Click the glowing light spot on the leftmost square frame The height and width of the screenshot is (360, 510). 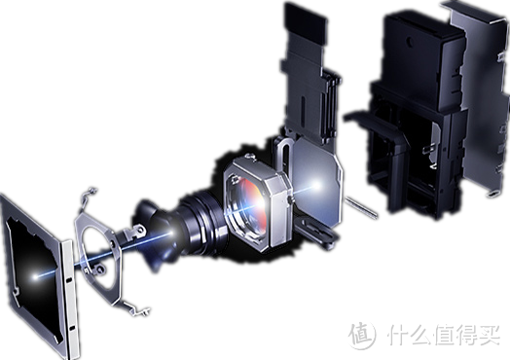[x=35, y=276]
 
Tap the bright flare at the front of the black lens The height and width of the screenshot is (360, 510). [x=171, y=233]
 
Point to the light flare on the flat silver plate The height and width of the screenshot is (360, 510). [x=316, y=186]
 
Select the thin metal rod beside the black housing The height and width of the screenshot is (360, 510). [x=361, y=207]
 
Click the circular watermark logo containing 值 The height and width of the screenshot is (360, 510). [x=361, y=335]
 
